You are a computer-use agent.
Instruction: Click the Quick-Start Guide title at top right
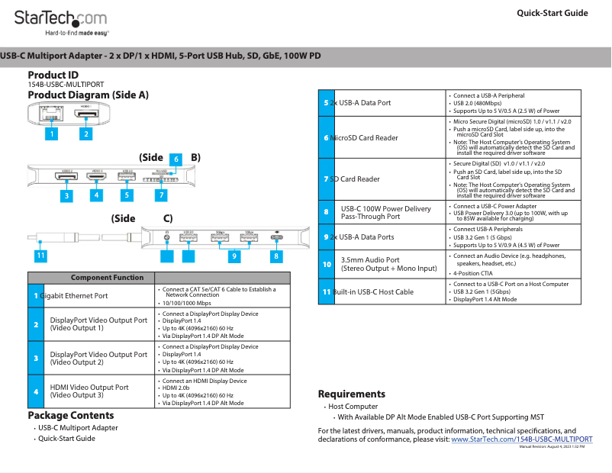point(552,13)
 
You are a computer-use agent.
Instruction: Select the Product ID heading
point(53,75)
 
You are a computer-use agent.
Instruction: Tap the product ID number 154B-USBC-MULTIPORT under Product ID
point(66,85)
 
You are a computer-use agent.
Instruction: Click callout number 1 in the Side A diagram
point(51,134)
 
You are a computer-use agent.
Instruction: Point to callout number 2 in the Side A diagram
point(86,134)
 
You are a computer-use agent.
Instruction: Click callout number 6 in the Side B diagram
point(176,159)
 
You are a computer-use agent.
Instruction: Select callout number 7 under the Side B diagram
point(160,195)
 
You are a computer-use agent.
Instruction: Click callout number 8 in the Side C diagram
point(276,256)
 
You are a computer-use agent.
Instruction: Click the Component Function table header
point(108,278)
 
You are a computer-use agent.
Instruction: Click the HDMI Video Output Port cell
point(89,391)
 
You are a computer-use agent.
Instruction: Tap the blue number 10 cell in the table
point(327,265)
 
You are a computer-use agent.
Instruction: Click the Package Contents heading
point(71,416)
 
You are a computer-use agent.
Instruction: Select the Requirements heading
point(351,394)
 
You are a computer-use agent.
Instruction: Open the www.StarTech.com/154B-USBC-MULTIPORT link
point(522,439)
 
